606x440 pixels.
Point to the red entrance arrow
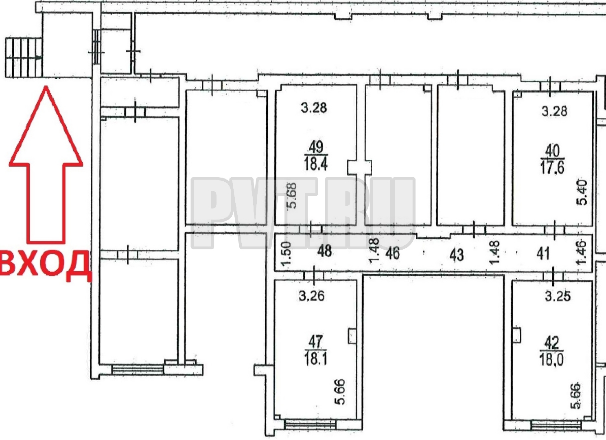(x=46, y=164)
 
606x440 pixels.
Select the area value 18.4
(x=315, y=163)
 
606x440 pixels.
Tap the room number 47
(x=315, y=342)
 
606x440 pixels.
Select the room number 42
(x=552, y=343)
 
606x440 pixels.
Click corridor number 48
(x=324, y=251)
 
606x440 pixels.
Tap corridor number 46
(x=392, y=253)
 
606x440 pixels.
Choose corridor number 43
(x=456, y=255)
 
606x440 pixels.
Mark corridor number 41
(x=543, y=254)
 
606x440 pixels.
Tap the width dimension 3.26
(x=312, y=295)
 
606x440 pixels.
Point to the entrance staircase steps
(x=24, y=58)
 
